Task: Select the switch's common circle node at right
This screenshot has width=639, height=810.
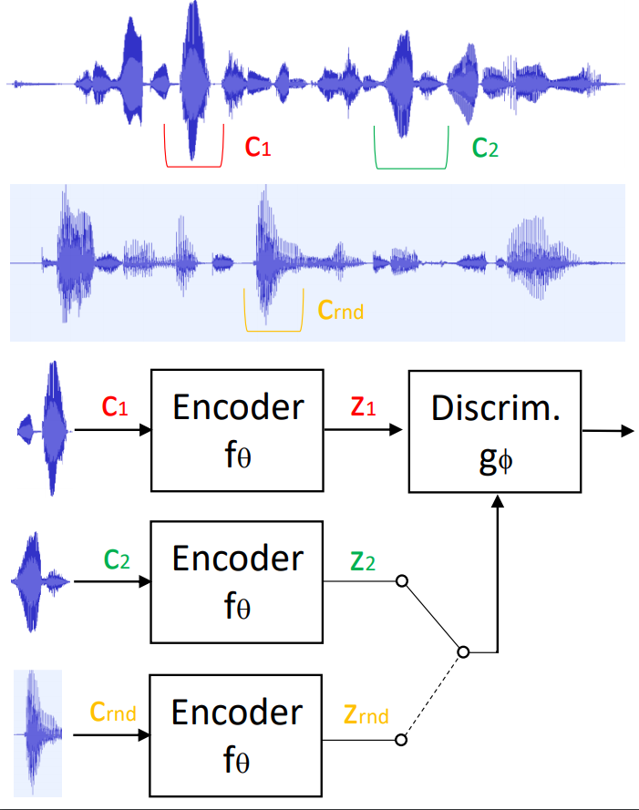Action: (x=463, y=652)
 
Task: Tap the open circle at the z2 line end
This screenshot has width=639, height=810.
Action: (x=399, y=580)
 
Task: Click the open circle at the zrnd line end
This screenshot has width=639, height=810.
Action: (x=399, y=741)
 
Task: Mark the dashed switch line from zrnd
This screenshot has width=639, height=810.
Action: (x=431, y=697)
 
